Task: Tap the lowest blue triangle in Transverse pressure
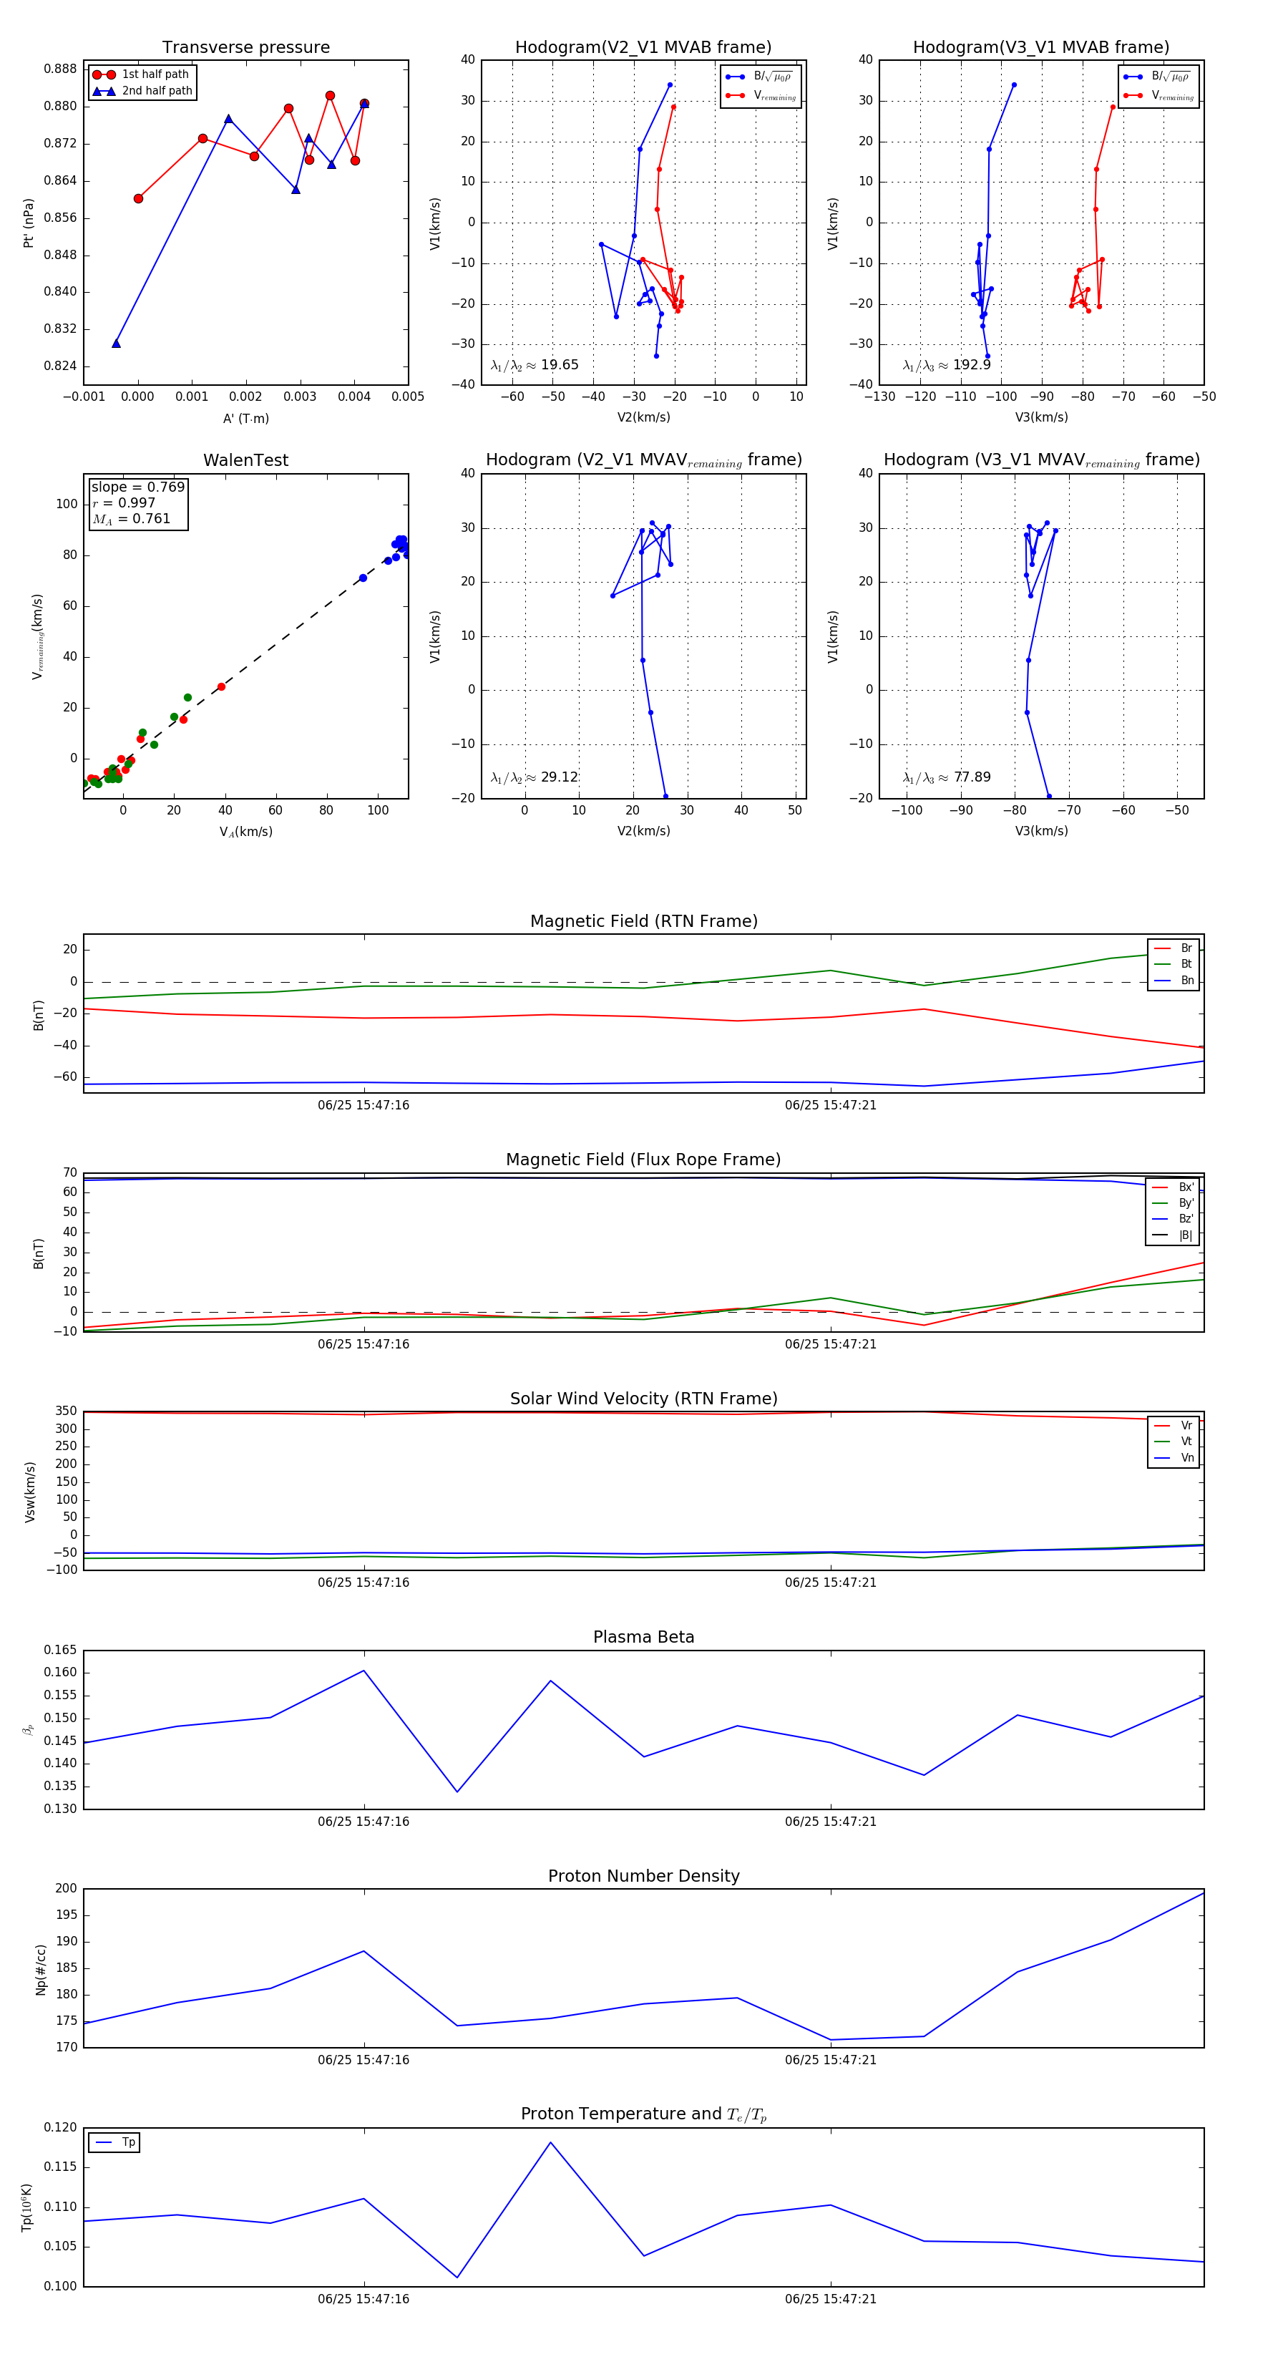[117, 343]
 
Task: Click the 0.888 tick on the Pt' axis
[61, 69]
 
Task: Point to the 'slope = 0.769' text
[137, 487]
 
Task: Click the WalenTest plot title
[245, 460]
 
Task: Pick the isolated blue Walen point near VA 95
[363, 578]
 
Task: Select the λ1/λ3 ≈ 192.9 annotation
[946, 365]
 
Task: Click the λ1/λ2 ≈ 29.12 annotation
[535, 777]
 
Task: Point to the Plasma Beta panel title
[643, 1638]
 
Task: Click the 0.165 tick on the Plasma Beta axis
[61, 1650]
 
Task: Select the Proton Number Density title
[643, 1876]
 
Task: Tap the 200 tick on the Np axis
[66, 1888]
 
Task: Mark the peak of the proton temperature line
[550, 2142]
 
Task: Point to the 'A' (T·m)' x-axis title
[245, 418]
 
